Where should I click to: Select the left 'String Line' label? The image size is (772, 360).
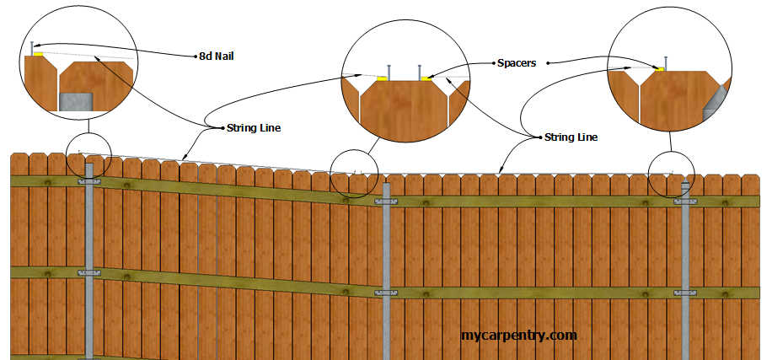(x=253, y=128)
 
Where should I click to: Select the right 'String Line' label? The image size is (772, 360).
(x=571, y=136)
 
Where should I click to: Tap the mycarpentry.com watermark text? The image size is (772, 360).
(x=518, y=335)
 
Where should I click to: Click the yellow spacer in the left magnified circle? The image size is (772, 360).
(x=38, y=54)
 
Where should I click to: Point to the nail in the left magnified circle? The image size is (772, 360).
(x=31, y=47)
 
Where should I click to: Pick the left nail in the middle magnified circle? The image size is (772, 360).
(x=389, y=72)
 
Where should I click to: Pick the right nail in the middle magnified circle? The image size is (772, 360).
(x=419, y=72)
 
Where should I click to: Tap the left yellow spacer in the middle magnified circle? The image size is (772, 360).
(x=382, y=79)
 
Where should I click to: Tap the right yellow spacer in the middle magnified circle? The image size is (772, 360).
(x=426, y=79)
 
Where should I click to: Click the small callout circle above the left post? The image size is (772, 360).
(x=88, y=154)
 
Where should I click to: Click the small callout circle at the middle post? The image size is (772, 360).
(x=355, y=174)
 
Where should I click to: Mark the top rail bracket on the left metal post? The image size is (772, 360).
(x=89, y=180)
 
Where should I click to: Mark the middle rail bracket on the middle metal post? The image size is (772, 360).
(x=387, y=293)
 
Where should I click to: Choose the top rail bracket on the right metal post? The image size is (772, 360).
(x=685, y=201)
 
